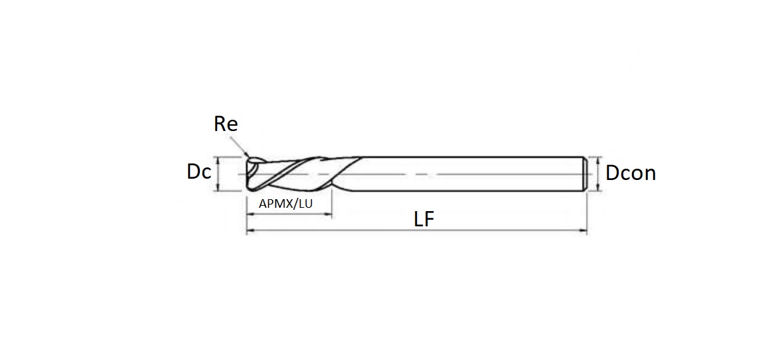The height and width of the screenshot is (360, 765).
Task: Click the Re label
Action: click(x=226, y=124)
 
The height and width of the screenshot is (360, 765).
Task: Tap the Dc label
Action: click(x=199, y=172)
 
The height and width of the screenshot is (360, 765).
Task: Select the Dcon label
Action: click(x=631, y=173)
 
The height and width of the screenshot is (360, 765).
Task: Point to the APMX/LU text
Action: click(x=285, y=204)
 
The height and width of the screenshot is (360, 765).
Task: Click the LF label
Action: click(x=424, y=220)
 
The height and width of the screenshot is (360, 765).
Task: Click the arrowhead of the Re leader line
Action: click(x=247, y=154)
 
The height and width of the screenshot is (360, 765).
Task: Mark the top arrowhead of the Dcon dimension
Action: click(x=598, y=160)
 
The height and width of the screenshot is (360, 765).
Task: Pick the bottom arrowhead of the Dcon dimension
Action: click(x=598, y=189)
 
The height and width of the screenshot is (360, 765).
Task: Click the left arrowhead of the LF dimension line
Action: click(x=249, y=230)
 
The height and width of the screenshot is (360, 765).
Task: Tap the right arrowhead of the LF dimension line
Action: click(x=583, y=230)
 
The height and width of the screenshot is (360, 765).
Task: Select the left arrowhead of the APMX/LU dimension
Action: click(x=249, y=214)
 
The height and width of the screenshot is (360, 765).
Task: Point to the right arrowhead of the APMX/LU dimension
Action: click(x=328, y=214)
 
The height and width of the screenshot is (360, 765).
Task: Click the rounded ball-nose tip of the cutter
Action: click(x=250, y=174)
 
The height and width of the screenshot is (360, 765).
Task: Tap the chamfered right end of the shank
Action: click(x=585, y=174)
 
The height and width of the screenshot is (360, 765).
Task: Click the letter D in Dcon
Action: click(x=612, y=173)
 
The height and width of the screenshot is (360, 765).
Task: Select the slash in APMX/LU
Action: click(x=294, y=204)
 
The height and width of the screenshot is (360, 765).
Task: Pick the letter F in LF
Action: click(x=429, y=220)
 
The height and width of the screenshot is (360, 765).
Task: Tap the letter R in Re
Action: click(x=220, y=124)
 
